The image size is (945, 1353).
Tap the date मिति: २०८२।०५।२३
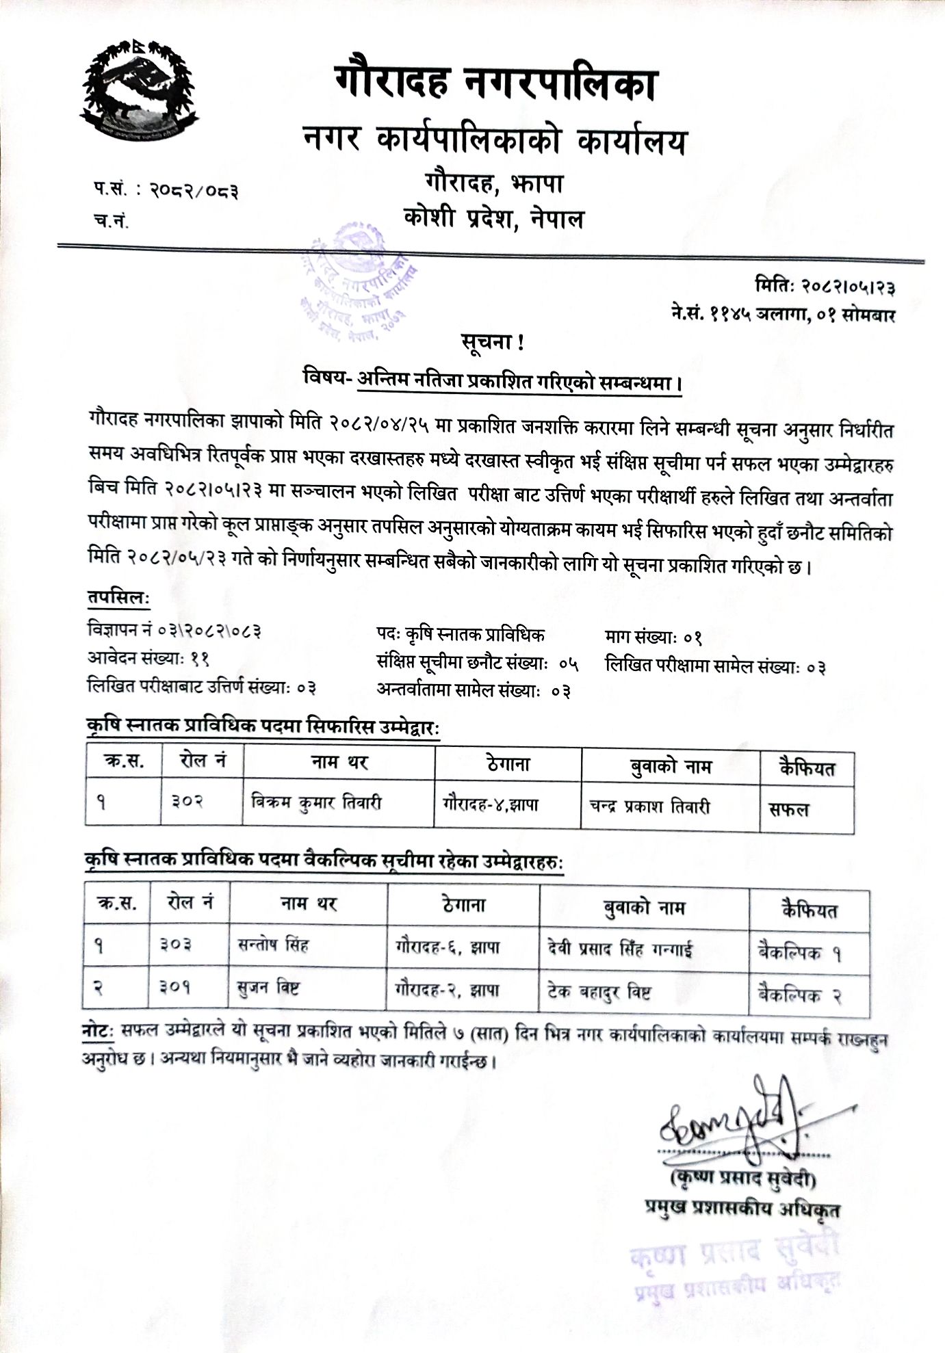[x=825, y=286]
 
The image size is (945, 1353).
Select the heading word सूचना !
[x=492, y=343]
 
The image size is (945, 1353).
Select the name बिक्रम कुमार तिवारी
[x=315, y=802]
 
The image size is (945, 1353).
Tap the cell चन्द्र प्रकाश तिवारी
[x=649, y=806]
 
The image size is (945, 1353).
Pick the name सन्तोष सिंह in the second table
[x=273, y=945]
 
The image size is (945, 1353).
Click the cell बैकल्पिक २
[x=799, y=995]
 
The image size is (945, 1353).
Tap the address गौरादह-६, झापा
[x=448, y=947]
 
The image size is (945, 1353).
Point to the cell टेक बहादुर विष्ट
[x=599, y=991]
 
